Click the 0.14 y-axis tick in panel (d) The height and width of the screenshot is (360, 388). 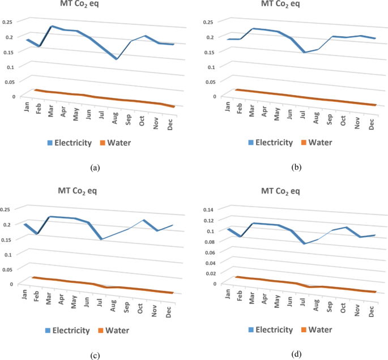211,209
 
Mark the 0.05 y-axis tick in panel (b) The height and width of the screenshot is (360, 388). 210,82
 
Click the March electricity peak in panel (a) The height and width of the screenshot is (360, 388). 52,26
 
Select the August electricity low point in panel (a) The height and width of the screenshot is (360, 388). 116,59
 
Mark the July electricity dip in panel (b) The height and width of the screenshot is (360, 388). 304,52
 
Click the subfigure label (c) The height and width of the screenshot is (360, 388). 95,355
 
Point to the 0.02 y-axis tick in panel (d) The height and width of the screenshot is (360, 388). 211,273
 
